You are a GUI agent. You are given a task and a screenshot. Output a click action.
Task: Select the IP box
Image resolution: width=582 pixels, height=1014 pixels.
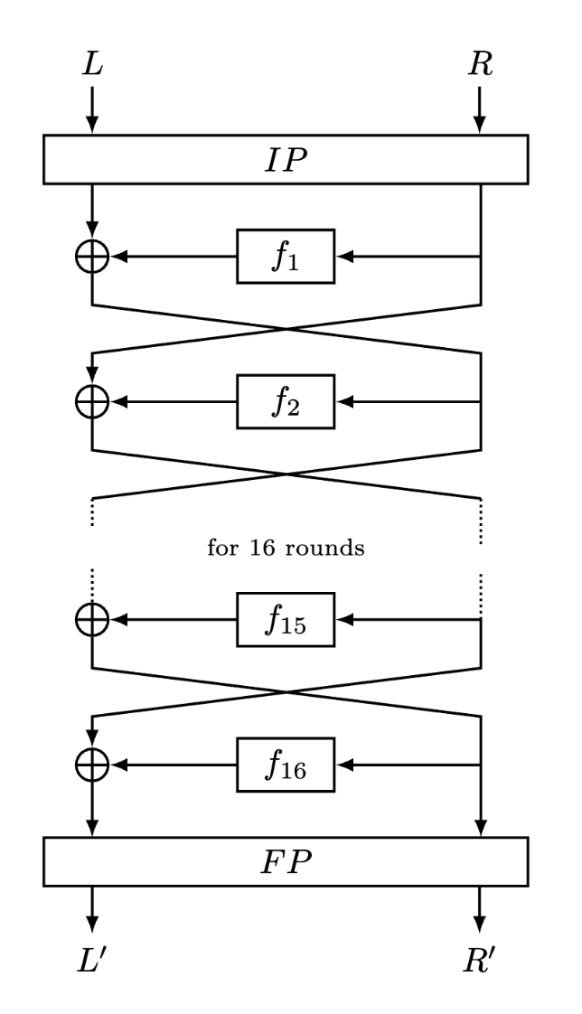[x=286, y=159]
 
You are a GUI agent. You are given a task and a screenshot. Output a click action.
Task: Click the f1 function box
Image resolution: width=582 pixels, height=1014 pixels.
[x=286, y=258]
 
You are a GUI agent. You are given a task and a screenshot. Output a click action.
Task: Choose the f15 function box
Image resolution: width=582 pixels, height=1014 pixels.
[x=286, y=620]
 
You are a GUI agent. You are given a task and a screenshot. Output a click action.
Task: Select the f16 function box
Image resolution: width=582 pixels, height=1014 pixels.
[x=286, y=766]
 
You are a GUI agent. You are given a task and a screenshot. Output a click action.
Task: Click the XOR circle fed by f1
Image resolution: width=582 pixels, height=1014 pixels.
[x=91, y=258]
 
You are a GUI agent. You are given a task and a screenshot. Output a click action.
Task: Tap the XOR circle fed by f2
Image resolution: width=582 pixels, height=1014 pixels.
[x=91, y=399]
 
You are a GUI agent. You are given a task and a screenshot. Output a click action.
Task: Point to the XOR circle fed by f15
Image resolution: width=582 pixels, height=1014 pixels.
[x=91, y=620]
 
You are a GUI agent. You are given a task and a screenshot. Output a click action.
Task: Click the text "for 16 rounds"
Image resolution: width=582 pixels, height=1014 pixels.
[x=286, y=547]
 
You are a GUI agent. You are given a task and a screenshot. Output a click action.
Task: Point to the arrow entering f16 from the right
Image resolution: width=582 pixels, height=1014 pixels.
[x=407, y=766]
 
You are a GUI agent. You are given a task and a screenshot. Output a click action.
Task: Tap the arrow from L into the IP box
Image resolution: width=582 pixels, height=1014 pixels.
[x=91, y=111]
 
